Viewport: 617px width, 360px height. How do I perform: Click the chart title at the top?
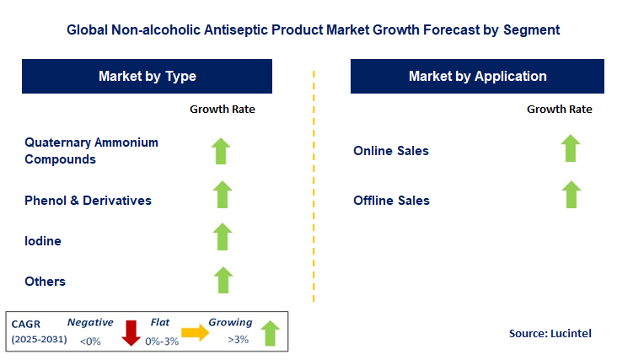[313, 30]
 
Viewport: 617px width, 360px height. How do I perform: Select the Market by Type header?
[148, 76]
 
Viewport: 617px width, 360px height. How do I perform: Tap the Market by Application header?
[477, 76]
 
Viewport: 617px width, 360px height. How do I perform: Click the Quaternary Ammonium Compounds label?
[91, 150]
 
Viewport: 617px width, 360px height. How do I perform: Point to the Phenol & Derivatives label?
[88, 201]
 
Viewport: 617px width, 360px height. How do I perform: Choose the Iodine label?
[43, 241]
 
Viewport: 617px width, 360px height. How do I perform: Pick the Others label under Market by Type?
[46, 281]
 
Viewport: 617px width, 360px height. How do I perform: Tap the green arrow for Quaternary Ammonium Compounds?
[222, 150]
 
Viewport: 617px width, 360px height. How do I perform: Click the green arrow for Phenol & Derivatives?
[222, 194]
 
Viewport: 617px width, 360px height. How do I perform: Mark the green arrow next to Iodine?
[222, 237]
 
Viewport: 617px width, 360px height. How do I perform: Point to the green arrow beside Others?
[222, 279]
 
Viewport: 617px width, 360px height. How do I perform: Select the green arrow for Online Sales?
[571, 148]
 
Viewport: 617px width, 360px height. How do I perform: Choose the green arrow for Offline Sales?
[571, 194]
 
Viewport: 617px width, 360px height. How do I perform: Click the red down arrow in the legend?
[131, 333]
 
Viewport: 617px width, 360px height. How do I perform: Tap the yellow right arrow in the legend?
[196, 334]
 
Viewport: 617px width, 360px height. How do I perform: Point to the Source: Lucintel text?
[550, 334]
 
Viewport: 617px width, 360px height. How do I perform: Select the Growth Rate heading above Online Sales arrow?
[560, 109]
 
